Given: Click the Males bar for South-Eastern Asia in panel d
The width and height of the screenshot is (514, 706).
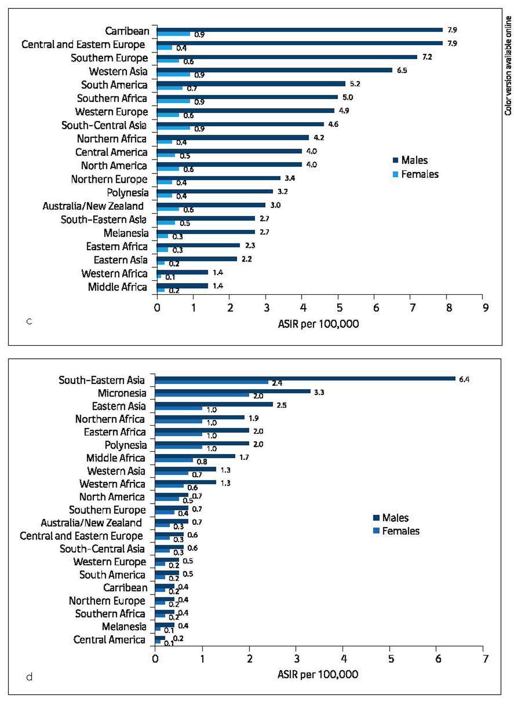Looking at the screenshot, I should click(x=305, y=378).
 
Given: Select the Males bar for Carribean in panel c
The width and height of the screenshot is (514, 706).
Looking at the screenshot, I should click(x=300, y=30).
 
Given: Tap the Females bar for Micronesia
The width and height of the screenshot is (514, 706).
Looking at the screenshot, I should click(x=202, y=395).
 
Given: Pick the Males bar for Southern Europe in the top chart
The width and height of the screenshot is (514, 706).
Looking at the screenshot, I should click(x=287, y=57).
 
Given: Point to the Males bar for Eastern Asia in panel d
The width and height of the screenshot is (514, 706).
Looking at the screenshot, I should click(x=214, y=404).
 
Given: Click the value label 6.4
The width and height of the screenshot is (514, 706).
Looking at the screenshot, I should click(x=464, y=379).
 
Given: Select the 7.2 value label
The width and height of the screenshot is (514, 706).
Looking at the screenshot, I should click(x=427, y=57).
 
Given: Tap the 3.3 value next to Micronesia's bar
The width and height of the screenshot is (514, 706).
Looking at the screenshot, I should click(x=319, y=393).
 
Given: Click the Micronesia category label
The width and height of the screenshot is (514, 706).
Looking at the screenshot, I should click(x=122, y=393).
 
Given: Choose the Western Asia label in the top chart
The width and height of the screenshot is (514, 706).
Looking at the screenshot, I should click(x=118, y=71).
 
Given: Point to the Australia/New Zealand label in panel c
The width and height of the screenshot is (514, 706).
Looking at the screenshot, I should click(x=93, y=206).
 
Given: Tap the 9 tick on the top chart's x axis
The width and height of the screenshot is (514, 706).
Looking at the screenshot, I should click(x=485, y=308).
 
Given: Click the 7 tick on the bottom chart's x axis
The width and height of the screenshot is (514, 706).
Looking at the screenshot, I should click(x=485, y=659).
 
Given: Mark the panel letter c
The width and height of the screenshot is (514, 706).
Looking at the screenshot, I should click(x=29, y=321).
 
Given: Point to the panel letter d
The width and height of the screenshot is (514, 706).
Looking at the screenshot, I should click(x=29, y=677).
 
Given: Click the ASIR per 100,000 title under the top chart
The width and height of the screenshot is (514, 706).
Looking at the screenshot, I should click(x=318, y=324).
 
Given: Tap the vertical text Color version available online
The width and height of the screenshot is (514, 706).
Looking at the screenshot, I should click(x=508, y=66).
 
